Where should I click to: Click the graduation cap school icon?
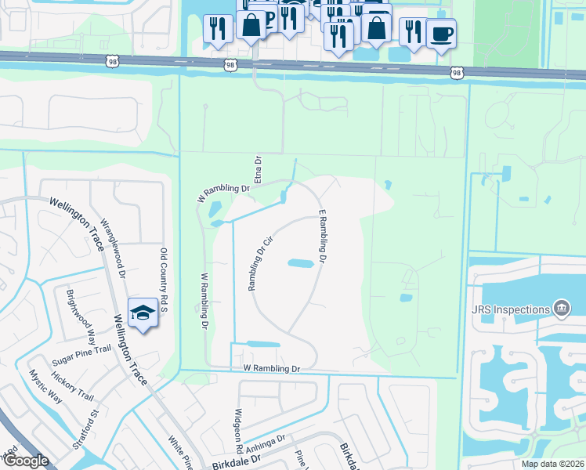[142, 313]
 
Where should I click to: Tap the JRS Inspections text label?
[512, 309]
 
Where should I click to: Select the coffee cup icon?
[442, 34]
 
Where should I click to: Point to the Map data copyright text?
[552, 464]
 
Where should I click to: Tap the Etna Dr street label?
[256, 168]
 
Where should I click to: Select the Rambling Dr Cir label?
[259, 265]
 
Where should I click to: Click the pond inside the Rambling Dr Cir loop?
[301, 263]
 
